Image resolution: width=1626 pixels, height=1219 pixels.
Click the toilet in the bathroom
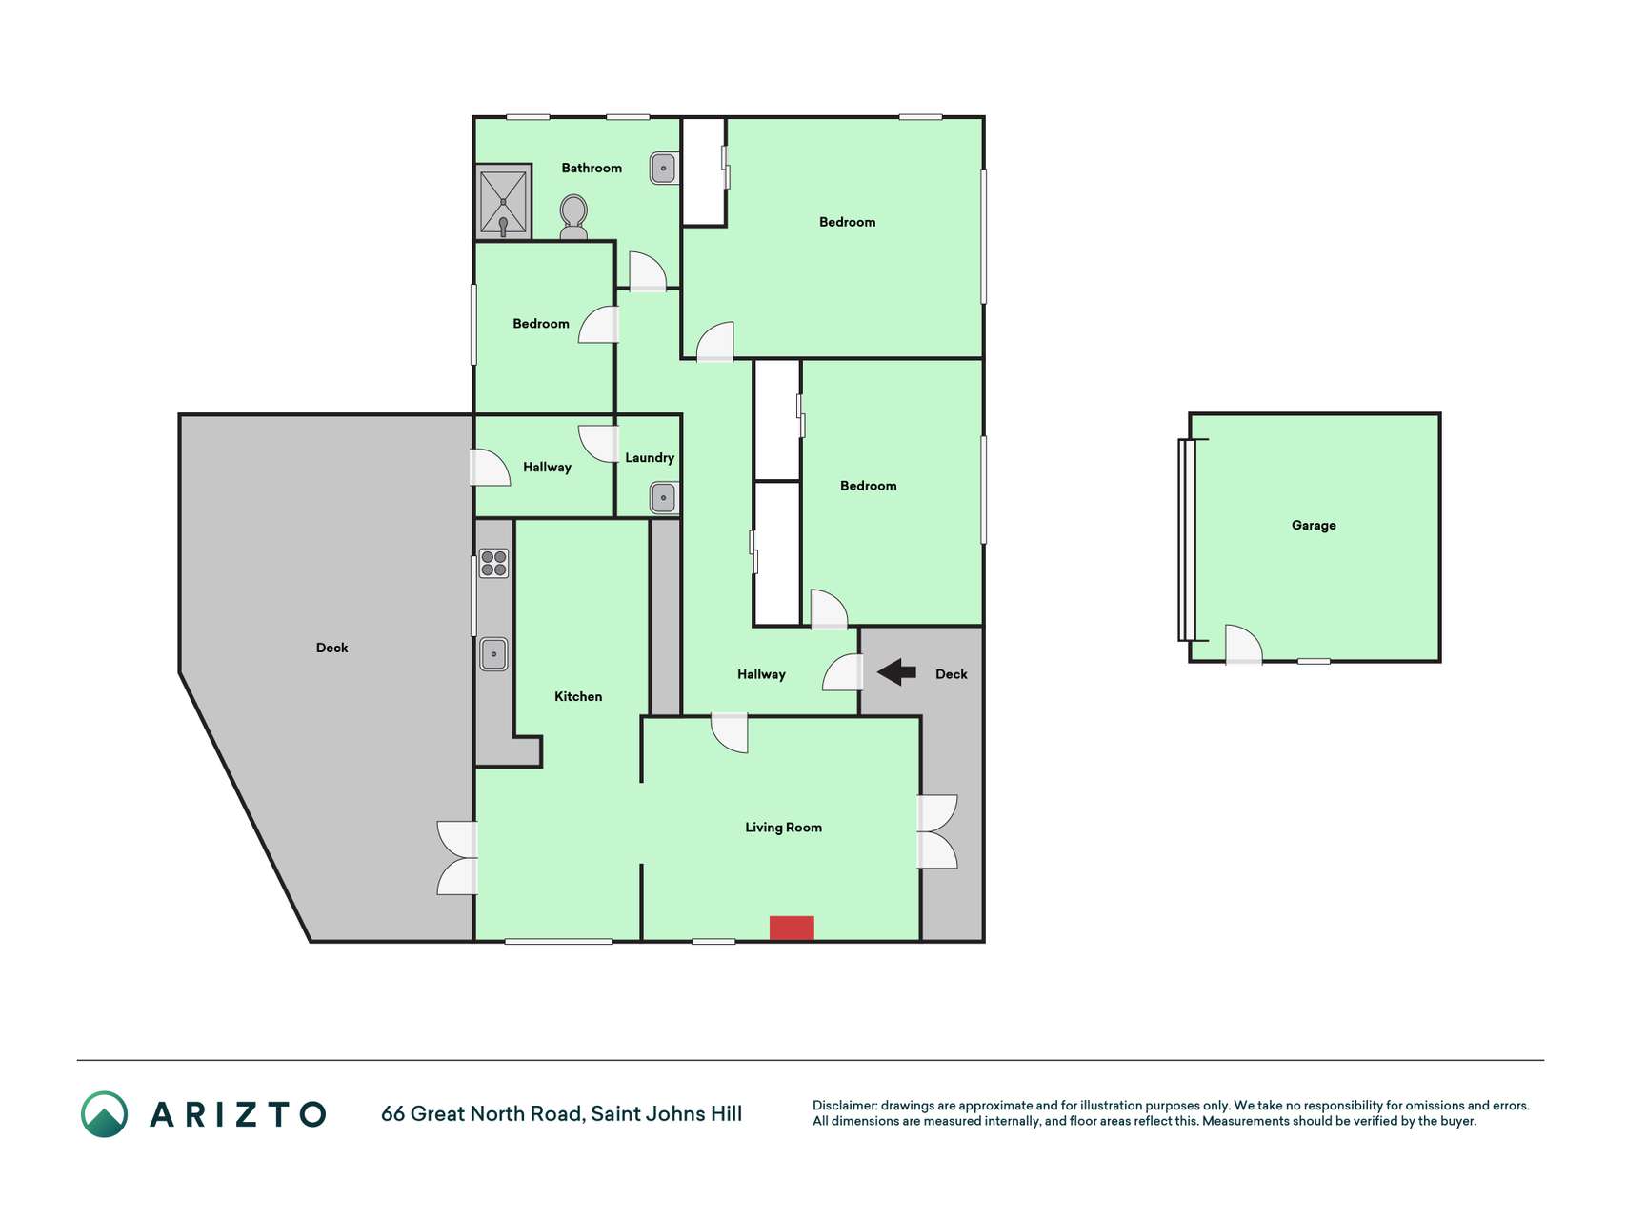(573, 217)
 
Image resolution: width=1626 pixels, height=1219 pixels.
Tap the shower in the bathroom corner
(503, 202)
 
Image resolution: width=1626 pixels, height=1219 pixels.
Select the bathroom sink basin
(663, 169)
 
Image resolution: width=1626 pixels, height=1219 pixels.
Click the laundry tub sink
(664, 497)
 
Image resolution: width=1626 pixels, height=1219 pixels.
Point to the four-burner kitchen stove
(493, 563)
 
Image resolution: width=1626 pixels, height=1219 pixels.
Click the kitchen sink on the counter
(493, 654)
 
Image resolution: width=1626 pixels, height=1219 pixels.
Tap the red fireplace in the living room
(792, 929)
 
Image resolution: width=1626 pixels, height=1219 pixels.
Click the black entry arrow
(896, 672)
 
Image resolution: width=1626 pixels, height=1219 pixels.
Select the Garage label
(1314, 525)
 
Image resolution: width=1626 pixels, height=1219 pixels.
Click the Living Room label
(783, 828)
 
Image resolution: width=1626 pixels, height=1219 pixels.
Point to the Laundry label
(650, 458)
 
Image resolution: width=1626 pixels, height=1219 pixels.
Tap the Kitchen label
(578, 696)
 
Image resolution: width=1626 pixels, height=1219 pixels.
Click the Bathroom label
(592, 168)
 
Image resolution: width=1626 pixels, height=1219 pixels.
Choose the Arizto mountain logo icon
(104, 1114)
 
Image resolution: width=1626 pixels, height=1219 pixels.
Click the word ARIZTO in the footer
(238, 1114)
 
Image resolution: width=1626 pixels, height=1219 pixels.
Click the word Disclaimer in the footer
(845, 1106)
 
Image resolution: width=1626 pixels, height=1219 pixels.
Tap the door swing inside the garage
(1243, 644)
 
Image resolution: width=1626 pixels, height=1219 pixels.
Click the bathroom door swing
(648, 270)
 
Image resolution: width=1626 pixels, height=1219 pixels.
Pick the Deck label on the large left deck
(331, 648)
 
